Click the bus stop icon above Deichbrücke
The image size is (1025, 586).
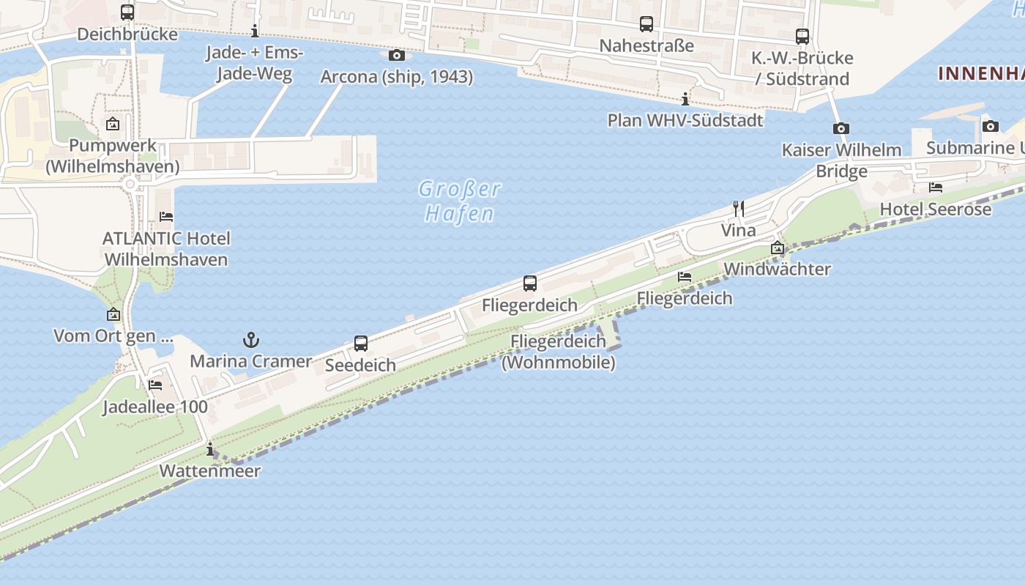[x=127, y=12]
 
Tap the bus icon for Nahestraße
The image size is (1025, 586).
[x=646, y=24]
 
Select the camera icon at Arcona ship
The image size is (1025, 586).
[x=397, y=55]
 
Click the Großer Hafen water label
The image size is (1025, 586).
[x=460, y=201]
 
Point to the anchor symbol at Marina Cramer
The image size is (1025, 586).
[x=251, y=340]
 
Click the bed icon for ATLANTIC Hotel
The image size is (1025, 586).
[x=166, y=217]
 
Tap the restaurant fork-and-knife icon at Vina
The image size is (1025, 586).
[x=739, y=209]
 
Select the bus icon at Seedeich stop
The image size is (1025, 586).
[x=361, y=343]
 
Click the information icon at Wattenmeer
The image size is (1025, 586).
[x=211, y=449]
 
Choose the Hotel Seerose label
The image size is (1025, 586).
[x=936, y=209]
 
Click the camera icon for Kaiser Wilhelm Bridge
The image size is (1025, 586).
[x=841, y=129]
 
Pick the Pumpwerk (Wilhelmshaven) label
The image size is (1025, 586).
[x=113, y=155]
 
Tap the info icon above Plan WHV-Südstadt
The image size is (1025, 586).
[x=685, y=99]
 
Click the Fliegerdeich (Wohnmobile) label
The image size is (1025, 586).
[x=559, y=352]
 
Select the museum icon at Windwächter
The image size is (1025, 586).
[x=778, y=248]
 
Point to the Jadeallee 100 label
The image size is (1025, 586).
[x=155, y=407]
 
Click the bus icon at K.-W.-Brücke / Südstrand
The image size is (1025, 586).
[x=802, y=36]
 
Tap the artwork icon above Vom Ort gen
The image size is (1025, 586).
[x=113, y=315]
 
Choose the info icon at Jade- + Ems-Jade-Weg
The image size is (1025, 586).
[x=255, y=31]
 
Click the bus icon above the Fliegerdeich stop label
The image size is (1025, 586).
[x=530, y=283]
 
